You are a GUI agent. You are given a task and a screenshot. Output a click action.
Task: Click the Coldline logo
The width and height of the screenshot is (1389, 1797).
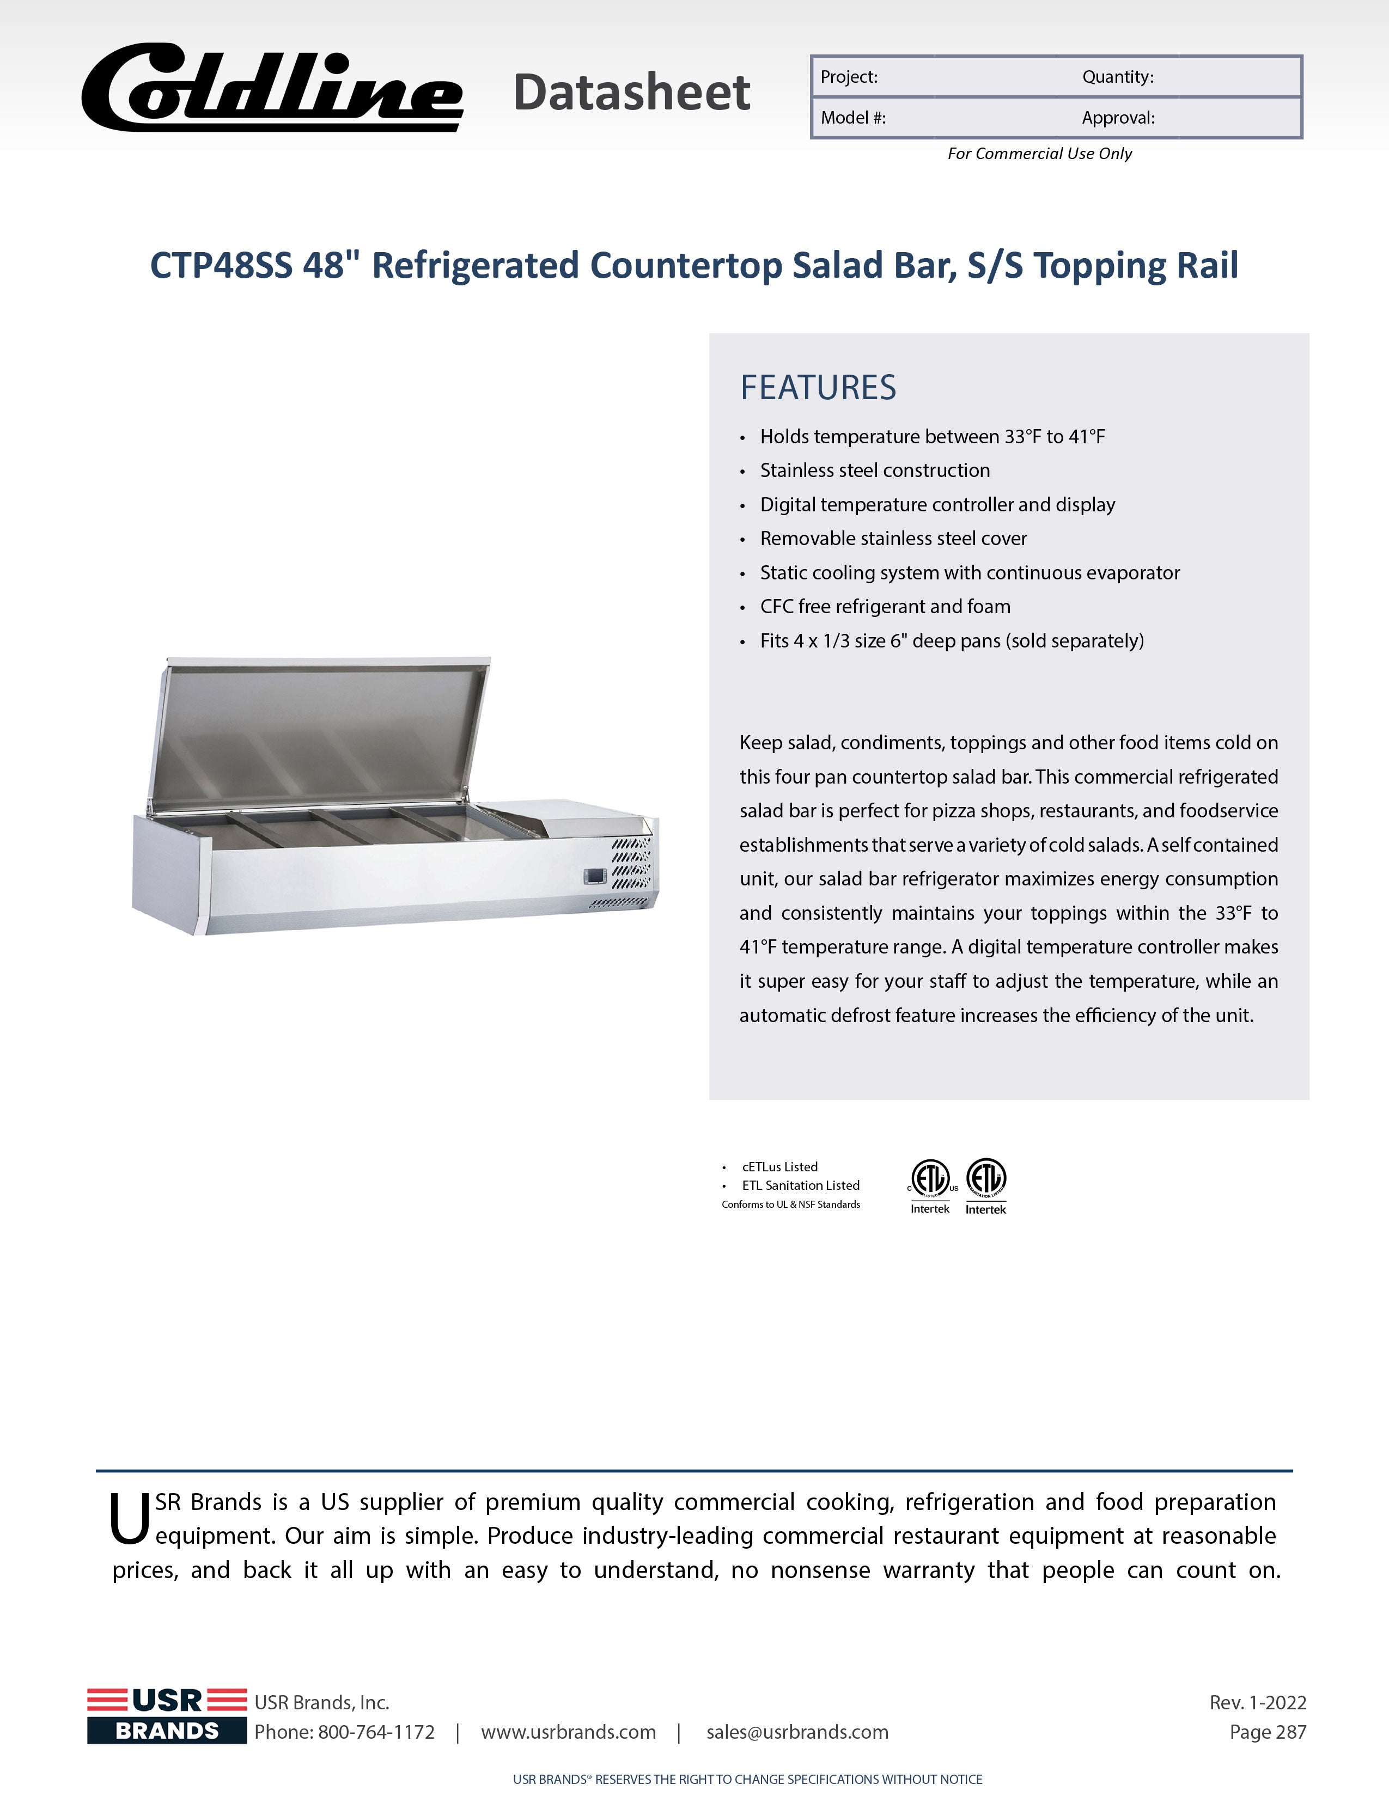click(x=272, y=89)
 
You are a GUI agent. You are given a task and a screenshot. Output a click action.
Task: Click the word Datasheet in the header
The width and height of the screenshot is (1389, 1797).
click(x=631, y=92)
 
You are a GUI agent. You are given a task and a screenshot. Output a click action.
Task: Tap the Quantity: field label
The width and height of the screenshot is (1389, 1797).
click(x=1117, y=77)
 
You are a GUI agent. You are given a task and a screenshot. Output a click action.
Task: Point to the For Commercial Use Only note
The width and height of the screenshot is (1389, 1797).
click(x=1039, y=154)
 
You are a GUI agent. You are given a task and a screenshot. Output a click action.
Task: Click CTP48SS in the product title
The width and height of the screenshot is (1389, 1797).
click(x=221, y=266)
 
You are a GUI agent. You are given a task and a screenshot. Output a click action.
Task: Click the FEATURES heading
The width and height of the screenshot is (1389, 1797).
click(x=818, y=388)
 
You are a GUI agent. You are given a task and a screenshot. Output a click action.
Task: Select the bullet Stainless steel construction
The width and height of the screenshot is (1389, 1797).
click(x=875, y=470)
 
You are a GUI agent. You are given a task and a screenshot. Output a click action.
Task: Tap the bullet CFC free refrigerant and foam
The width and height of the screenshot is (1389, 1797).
click(x=885, y=607)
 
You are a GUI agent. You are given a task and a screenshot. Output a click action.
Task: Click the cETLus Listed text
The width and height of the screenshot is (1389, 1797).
click(x=779, y=1167)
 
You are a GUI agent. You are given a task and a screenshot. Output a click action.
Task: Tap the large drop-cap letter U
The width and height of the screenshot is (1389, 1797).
click(x=129, y=1520)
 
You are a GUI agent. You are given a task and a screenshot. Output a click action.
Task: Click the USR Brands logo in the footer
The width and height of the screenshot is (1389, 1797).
click(x=167, y=1715)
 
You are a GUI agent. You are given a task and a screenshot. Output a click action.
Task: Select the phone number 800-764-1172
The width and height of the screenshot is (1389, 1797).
click(x=376, y=1732)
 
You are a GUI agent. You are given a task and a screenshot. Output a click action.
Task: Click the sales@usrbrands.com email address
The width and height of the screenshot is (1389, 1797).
click(x=797, y=1732)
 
